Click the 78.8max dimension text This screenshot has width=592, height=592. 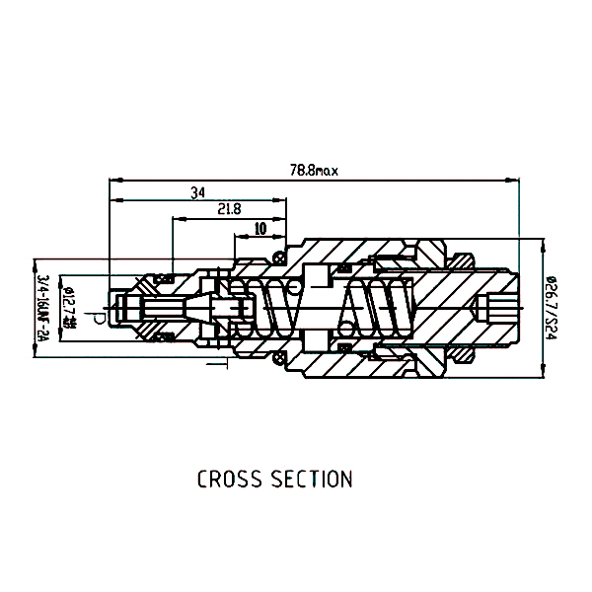[313, 171]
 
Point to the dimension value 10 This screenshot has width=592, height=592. [259, 227]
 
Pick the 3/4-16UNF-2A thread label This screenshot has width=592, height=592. [43, 307]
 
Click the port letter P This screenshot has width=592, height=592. [98, 316]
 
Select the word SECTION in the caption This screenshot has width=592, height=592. [313, 480]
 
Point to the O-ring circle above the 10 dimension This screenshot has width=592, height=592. [278, 259]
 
